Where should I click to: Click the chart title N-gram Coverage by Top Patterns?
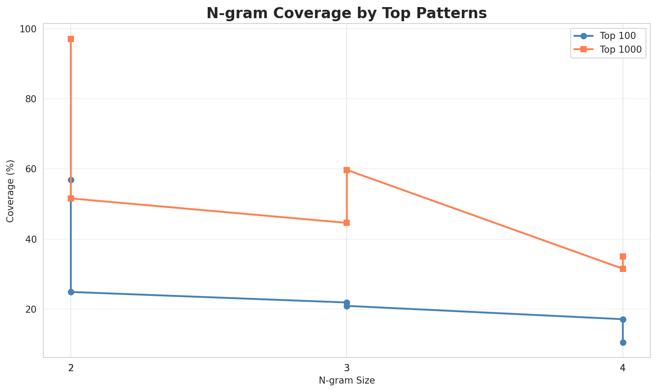coord(347,13)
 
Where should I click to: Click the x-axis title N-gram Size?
coord(347,380)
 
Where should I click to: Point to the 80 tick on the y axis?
coord(30,99)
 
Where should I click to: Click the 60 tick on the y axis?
coord(30,169)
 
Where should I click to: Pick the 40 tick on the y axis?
coord(30,239)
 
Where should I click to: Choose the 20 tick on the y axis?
coord(30,309)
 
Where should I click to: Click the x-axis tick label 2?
coord(71,367)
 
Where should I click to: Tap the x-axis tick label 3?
coord(347,367)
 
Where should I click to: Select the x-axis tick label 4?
coord(623,367)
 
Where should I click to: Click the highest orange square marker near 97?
coord(71,39)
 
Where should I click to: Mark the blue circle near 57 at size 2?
coord(71,180)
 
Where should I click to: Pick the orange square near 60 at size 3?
coord(347,170)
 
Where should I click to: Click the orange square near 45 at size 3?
coord(347,223)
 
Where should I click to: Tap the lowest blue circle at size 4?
coord(623,342)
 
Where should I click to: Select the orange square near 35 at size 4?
coord(623,256)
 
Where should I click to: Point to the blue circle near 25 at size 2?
coord(71,292)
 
